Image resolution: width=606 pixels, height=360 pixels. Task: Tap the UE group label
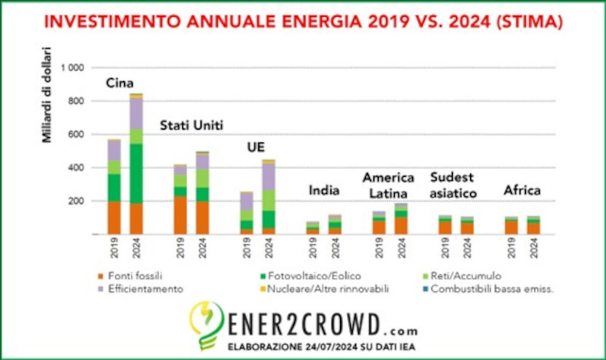click(257, 148)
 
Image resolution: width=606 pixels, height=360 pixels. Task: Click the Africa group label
click(522, 190)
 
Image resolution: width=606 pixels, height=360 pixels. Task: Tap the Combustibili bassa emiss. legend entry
click(484, 289)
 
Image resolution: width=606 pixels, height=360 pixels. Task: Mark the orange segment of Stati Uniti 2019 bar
click(180, 214)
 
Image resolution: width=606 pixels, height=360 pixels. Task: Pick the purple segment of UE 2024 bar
click(268, 176)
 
